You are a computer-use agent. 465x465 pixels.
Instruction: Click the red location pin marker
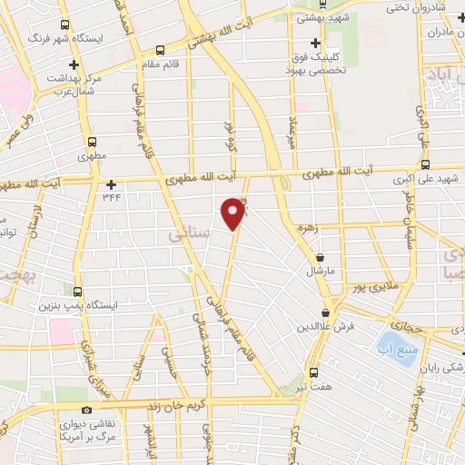[234, 213]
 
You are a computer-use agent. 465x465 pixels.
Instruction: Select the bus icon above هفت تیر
[313, 372]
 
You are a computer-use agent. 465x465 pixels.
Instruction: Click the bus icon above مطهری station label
[92, 142]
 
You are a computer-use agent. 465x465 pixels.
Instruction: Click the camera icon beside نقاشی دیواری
[86, 411]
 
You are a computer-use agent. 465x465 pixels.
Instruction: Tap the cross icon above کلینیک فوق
[315, 43]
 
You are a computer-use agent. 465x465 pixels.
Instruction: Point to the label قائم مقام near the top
[166, 64]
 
